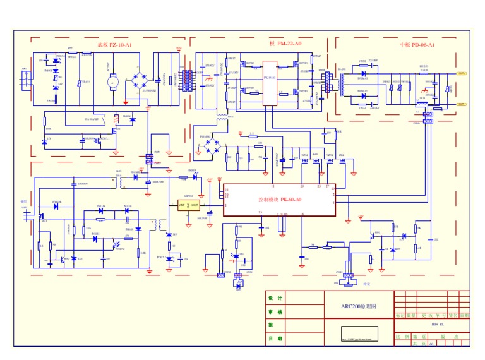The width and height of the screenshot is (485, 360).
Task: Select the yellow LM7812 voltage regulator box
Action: (x=188, y=205)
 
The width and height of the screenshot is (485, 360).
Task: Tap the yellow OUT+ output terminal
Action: (x=462, y=73)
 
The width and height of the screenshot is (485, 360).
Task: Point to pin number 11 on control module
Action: (x=272, y=186)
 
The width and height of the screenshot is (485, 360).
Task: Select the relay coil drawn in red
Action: (x=116, y=118)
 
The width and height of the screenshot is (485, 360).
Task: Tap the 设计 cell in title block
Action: (x=275, y=298)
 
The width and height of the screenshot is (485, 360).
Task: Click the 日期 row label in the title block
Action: (x=275, y=339)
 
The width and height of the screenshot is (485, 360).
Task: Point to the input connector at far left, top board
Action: (x=25, y=78)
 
